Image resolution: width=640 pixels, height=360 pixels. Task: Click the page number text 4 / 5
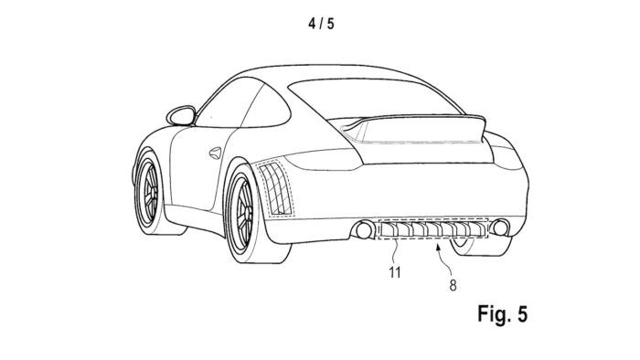[320, 23]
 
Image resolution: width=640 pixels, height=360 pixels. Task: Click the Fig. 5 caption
[502, 314]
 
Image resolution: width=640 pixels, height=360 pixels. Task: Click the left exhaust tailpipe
[363, 228]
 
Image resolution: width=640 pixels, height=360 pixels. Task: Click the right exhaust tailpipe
[499, 228]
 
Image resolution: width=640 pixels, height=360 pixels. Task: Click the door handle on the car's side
[217, 150]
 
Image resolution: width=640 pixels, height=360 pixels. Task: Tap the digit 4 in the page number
[312, 23]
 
